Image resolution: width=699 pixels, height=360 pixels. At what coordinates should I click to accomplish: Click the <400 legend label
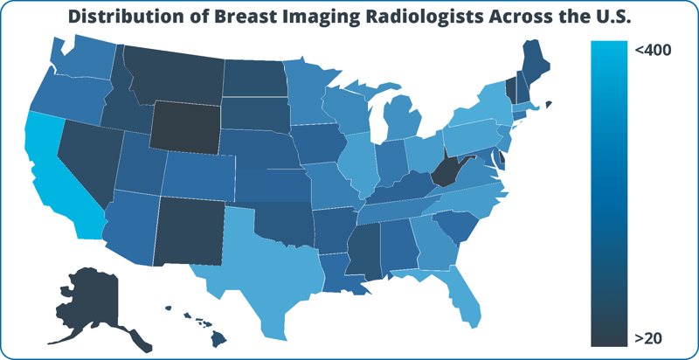point(653,51)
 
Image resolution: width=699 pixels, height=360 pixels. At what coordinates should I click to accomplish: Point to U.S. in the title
point(606,17)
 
